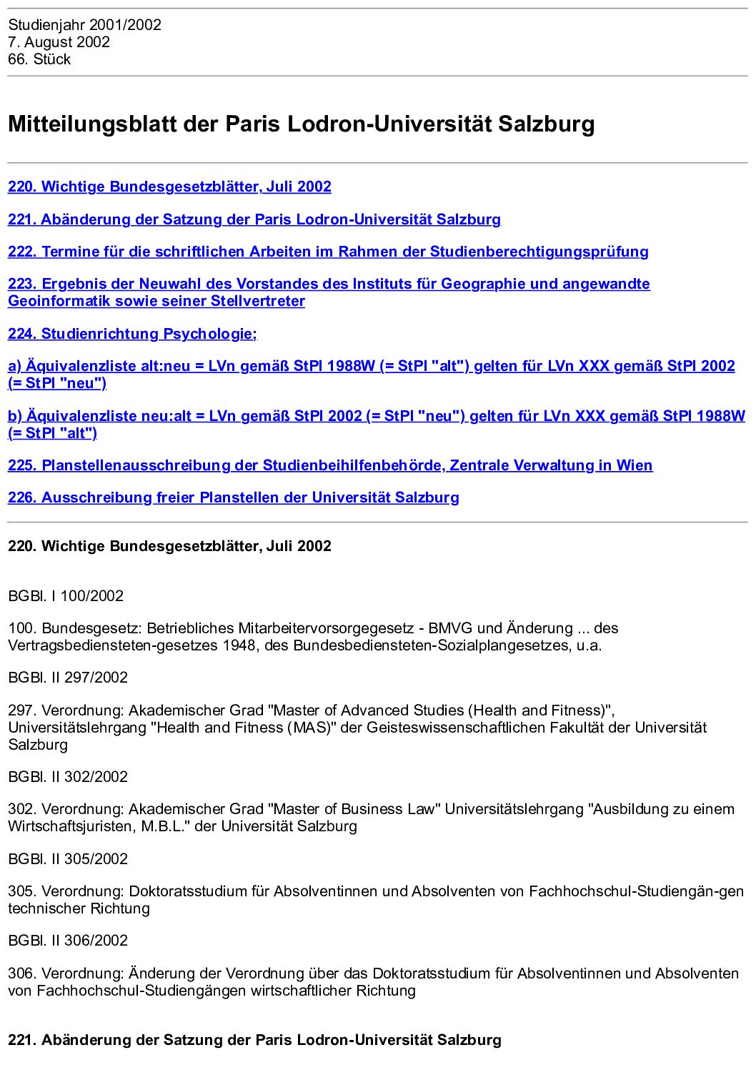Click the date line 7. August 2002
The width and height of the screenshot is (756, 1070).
point(59,42)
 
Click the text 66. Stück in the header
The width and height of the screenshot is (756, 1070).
point(39,59)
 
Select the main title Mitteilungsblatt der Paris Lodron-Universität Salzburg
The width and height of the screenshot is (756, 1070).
point(301,124)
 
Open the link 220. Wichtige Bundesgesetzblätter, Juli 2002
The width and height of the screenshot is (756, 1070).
point(169,187)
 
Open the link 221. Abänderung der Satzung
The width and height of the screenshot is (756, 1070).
point(254,219)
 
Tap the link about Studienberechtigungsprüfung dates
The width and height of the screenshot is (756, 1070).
point(328,252)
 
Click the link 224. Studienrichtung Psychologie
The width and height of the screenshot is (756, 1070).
point(132,334)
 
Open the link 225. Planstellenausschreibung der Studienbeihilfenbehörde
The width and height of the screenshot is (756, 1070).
point(329,465)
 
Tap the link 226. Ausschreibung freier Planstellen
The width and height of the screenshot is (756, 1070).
point(233,497)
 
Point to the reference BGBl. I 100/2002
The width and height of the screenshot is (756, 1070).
point(66,596)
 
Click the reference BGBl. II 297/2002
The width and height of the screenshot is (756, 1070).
point(68,678)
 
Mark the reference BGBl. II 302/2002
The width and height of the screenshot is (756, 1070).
point(68,777)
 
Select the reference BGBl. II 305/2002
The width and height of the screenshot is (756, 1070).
point(68,859)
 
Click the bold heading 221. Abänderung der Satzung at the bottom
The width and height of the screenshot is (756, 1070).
point(254,1040)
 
